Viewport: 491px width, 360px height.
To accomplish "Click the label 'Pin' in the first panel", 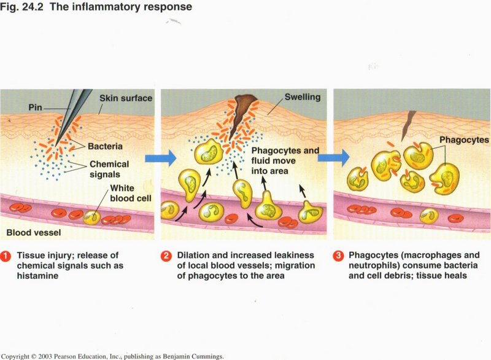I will (36, 107).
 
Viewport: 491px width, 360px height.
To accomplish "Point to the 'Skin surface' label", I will (126, 98).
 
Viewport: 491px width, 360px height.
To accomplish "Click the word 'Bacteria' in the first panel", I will (105, 147).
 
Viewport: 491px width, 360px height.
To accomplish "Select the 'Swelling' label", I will (301, 98).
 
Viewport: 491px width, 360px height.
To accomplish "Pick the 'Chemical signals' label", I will (109, 169).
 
